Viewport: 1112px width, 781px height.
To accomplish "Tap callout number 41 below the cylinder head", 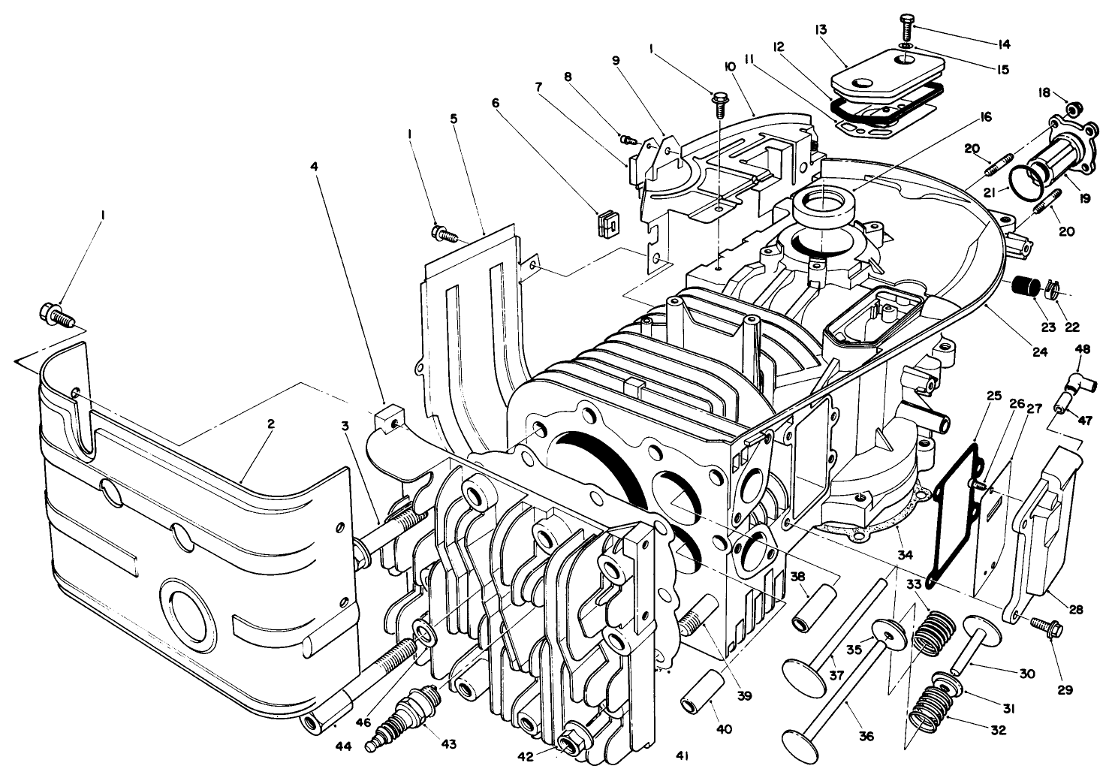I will coord(684,755).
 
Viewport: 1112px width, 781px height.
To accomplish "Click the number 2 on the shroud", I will coord(270,424).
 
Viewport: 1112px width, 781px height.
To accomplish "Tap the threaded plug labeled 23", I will coord(1023,287).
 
